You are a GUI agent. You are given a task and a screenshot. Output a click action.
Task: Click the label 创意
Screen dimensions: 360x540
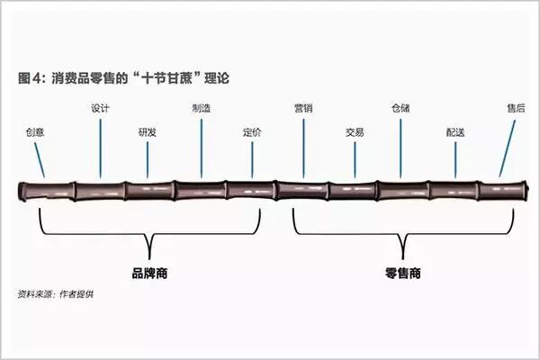[x=35, y=131]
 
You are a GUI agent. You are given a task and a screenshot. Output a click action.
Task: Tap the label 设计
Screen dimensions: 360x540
[x=101, y=109]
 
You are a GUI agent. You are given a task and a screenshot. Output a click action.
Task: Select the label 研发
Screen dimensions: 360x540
[x=148, y=131]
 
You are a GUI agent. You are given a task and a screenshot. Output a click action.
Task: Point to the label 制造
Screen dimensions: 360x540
[x=202, y=109]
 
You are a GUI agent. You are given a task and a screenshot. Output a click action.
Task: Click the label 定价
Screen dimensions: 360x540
[x=253, y=131]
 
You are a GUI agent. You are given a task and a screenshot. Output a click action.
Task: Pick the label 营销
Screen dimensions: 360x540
[x=303, y=109]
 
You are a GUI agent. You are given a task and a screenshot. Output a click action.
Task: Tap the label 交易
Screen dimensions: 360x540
[x=355, y=131]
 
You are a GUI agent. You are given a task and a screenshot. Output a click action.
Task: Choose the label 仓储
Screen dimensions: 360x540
[x=401, y=109]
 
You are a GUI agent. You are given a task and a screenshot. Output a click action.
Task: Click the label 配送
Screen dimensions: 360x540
[x=455, y=131]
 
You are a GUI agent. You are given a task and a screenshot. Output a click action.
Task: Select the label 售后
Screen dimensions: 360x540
[x=516, y=109]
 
